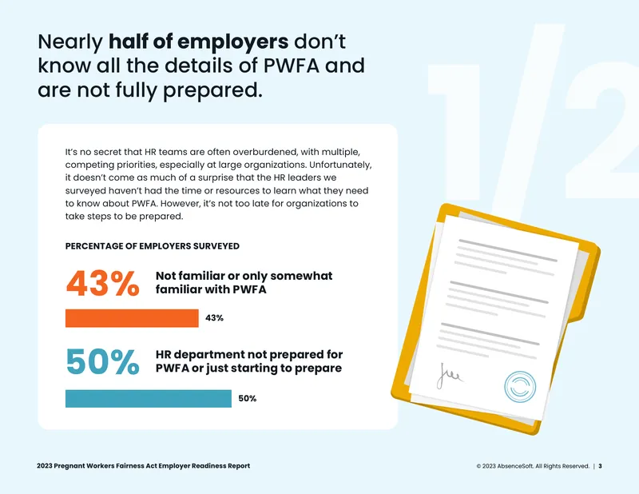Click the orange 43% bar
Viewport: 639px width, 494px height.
pyautogui.click(x=132, y=318)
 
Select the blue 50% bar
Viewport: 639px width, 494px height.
pyautogui.click(x=149, y=399)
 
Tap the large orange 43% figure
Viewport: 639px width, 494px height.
pyautogui.click(x=103, y=283)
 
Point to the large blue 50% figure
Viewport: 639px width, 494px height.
pyautogui.click(x=103, y=362)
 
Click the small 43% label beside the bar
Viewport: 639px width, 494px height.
pyautogui.click(x=214, y=318)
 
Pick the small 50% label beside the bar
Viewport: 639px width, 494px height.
pyautogui.click(x=248, y=399)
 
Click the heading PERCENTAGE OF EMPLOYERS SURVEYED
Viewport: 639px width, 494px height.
pyautogui.click(x=153, y=246)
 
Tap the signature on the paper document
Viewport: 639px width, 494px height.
pyautogui.click(x=449, y=375)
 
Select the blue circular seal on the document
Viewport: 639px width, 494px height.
pyautogui.click(x=520, y=387)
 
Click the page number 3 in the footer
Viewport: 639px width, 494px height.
pyautogui.click(x=601, y=466)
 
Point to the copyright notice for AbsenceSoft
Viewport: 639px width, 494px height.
pyautogui.click(x=533, y=466)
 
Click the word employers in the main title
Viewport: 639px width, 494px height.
pyautogui.click(x=232, y=42)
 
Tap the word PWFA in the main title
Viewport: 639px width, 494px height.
pyautogui.click(x=291, y=66)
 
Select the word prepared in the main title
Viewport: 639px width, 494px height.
pyautogui.click(x=212, y=90)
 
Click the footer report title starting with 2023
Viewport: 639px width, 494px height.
pyautogui.click(x=144, y=466)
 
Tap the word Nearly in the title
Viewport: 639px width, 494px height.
pyautogui.click(x=70, y=42)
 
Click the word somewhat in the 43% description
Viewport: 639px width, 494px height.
pyautogui.click(x=301, y=276)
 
